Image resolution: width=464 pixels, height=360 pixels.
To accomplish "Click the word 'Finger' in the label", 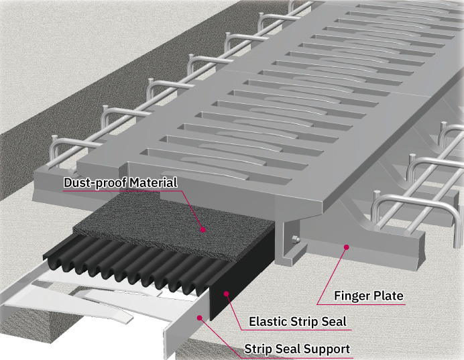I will point(351,296).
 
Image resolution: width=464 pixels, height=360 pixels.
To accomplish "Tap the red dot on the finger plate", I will point(346,247).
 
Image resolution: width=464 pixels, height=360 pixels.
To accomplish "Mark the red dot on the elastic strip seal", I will point(226,293).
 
